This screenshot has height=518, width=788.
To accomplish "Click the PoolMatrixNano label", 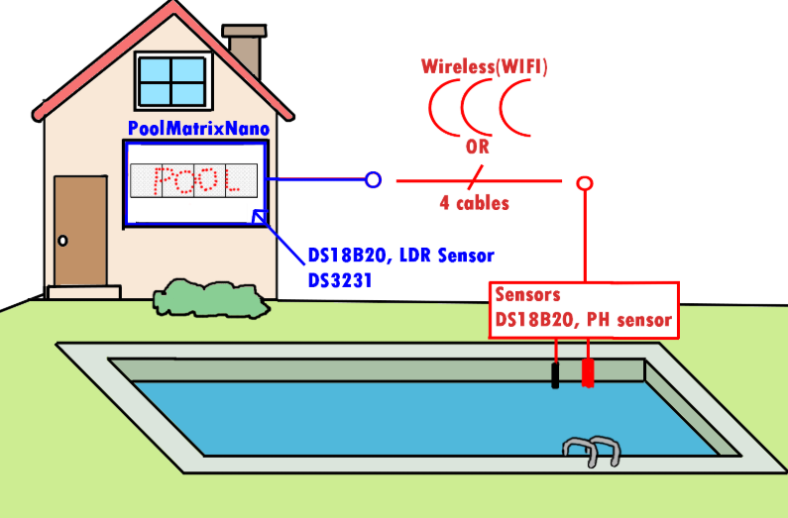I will [198, 129].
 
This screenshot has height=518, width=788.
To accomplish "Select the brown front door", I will [80, 230].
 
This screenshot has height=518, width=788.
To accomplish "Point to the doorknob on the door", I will [62, 241].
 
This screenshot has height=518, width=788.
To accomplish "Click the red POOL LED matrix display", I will [194, 180].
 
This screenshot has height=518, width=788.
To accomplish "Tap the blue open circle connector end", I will [373, 180].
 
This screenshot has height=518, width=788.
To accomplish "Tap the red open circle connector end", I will [585, 182].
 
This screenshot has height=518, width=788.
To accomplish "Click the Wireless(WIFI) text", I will [485, 67].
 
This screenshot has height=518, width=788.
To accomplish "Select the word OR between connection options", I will [477, 148].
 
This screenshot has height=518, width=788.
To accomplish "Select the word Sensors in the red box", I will [528, 295].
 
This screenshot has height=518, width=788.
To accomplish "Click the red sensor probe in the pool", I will [588, 371].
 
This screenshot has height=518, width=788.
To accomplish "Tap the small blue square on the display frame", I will [259, 217].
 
